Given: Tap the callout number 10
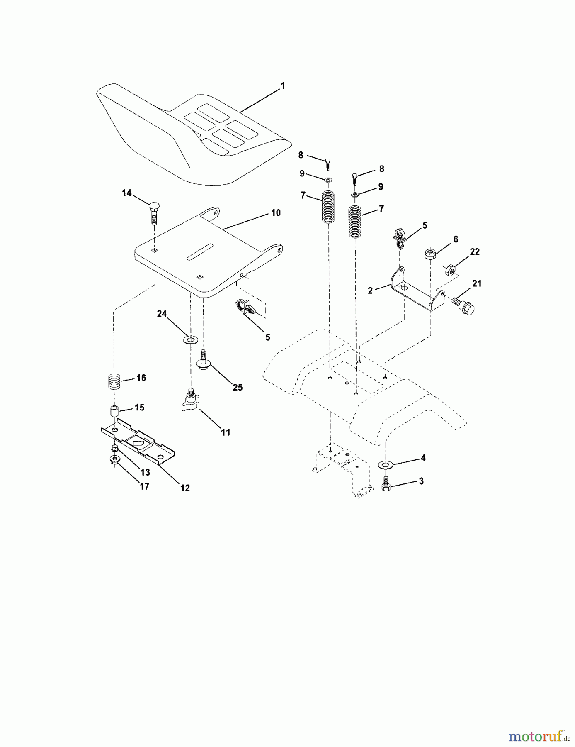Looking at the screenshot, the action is (276, 213).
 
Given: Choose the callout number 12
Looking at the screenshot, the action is (185, 488).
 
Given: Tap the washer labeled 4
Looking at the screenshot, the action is (386, 464).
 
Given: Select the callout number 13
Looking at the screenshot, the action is (145, 473).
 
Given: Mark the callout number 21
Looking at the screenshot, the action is (477, 283).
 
